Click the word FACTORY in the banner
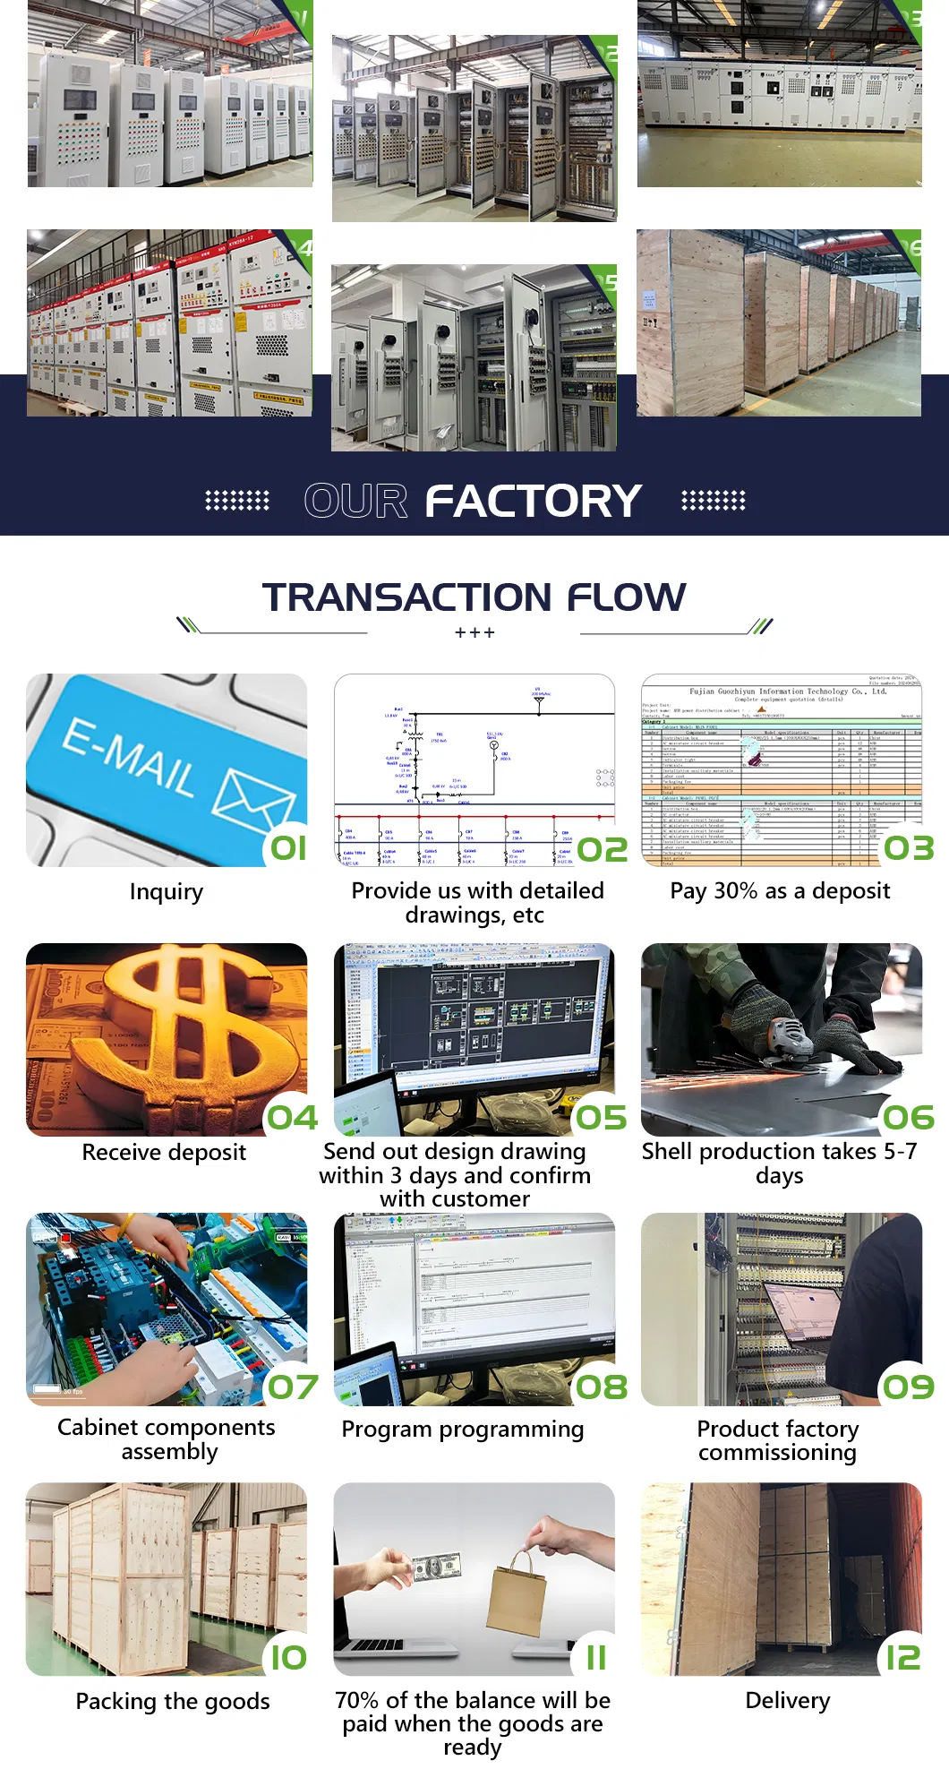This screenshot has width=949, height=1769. coord(533,501)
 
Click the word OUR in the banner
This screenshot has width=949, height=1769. coord(355,501)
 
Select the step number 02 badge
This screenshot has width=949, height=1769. coord(602,849)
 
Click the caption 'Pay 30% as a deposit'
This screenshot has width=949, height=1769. coord(780,890)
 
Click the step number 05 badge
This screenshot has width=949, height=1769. coord(601,1118)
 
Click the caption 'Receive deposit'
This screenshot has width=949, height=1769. coord(164,1152)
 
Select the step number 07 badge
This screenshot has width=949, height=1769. coord(293,1387)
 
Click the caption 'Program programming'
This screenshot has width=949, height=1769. coord(462,1429)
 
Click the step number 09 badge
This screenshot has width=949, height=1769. coord(908,1387)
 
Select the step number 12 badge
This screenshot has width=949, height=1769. coord(902,1658)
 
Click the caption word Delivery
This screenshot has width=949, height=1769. coord(787,1700)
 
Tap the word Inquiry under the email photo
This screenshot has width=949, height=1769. coord(166,891)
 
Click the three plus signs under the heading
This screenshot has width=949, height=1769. coord(474,633)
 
